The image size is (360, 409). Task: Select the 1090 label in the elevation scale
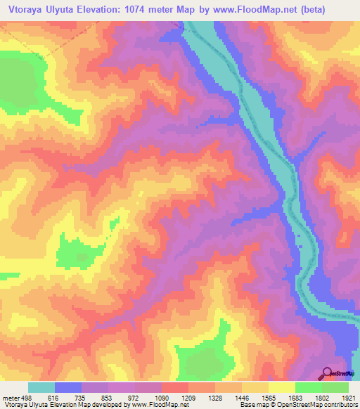(x=153, y=398)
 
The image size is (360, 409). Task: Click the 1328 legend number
(x=206, y=398)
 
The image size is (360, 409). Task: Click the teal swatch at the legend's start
(x=41, y=387)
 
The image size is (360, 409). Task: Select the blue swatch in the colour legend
(x=68, y=387)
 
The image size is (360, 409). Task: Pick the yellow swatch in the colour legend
(x=282, y=387)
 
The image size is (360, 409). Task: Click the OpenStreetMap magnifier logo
(x=328, y=372)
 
